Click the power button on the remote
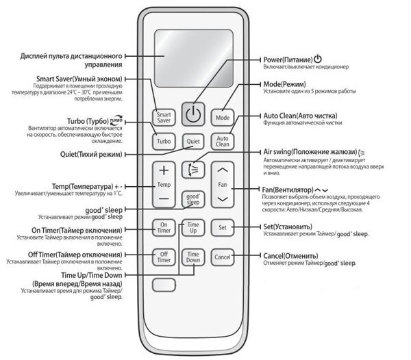click(193, 115)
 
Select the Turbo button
click(164, 142)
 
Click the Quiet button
click(193, 142)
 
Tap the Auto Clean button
click(223, 142)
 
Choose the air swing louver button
click(193, 170)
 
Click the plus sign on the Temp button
click(164, 170)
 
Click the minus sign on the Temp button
click(164, 198)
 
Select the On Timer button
click(164, 227)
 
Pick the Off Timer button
click(164, 257)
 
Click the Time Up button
click(193, 227)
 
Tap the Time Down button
click(193, 257)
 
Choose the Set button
click(223, 227)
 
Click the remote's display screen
click(193, 54)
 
